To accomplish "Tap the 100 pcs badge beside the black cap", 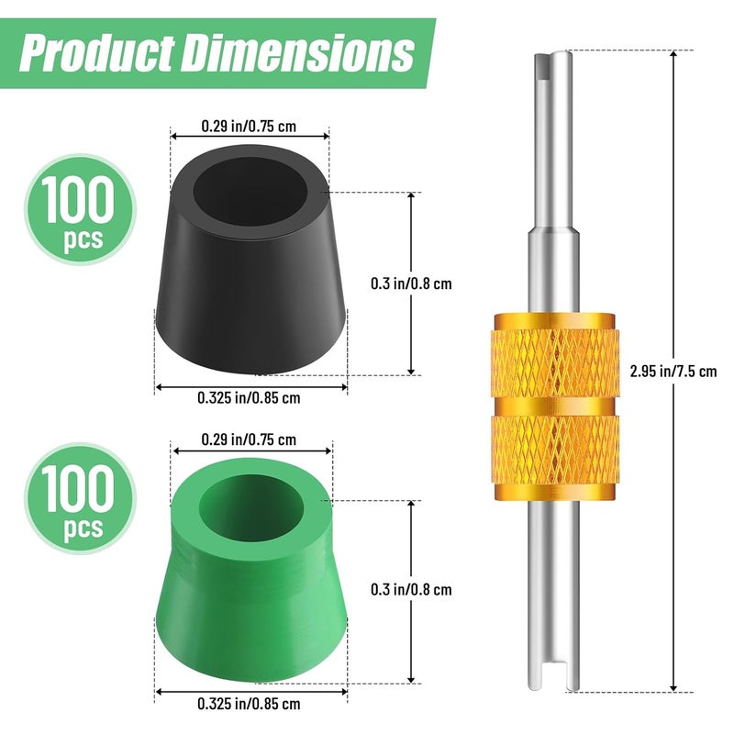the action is [80, 209].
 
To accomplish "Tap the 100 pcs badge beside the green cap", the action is [80, 498].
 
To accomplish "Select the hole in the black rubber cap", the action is [250, 192].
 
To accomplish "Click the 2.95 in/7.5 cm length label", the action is [673, 372].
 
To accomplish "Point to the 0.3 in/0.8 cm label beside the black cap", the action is [411, 284].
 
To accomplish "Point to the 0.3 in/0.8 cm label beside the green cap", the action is [411, 589].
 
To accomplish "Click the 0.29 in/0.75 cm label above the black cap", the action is [249, 126].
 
